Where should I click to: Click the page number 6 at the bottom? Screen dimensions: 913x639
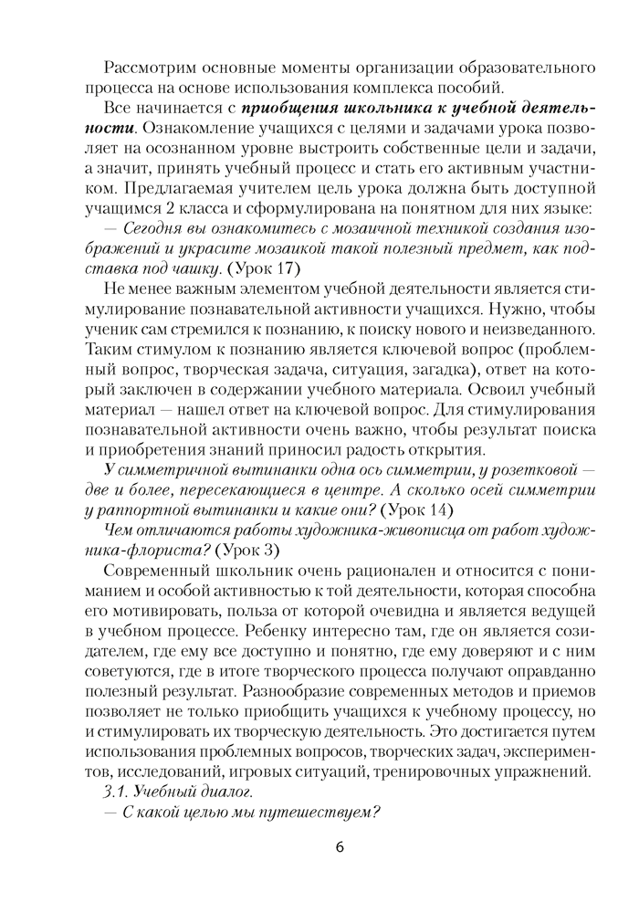(x=339, y=846)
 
